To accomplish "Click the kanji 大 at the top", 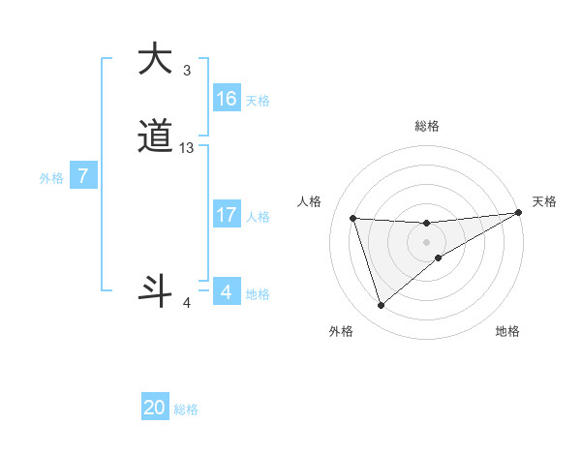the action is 155,60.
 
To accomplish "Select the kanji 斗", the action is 155,291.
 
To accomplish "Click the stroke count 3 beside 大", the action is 187,71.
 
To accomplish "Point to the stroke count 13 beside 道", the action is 187,148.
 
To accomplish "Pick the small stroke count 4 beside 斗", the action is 187,304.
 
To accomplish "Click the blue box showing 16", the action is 226,99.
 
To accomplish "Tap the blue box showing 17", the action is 226,215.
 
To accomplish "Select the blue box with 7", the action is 83,177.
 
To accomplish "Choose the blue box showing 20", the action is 155,408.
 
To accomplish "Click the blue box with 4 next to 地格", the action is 226,292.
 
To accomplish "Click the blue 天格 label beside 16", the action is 257,101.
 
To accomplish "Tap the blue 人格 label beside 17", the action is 257,217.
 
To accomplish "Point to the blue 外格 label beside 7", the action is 51,178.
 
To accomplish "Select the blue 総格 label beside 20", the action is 186,409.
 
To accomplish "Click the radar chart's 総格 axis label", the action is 426,126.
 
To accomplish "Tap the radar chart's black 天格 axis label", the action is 544,201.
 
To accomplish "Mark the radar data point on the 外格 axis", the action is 381,306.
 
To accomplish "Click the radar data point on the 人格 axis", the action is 352,218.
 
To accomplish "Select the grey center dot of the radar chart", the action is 426,242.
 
